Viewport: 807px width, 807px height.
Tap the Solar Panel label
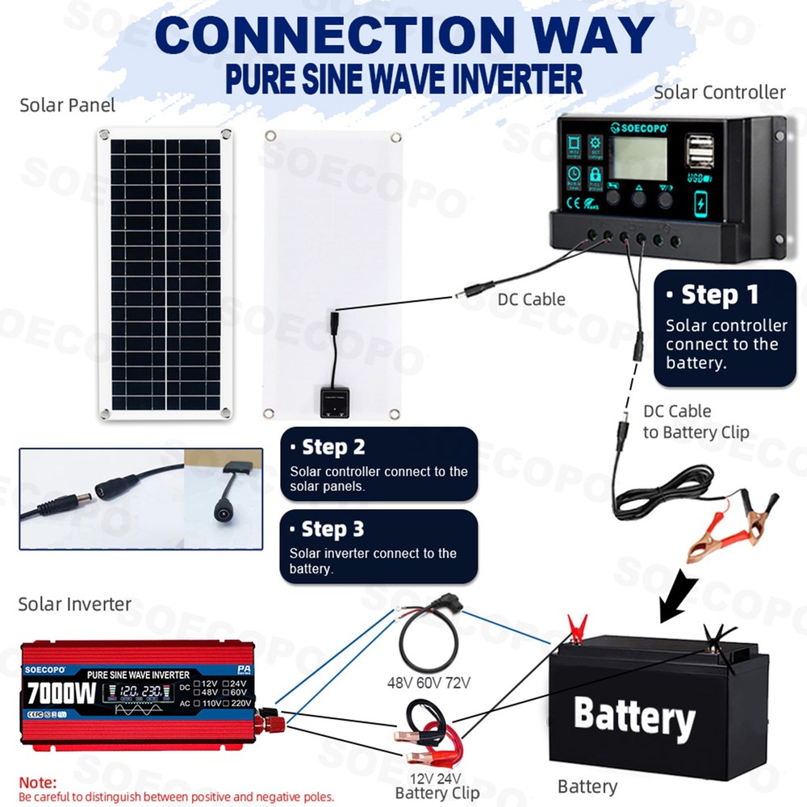(68, 105)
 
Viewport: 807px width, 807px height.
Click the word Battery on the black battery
(633, 717)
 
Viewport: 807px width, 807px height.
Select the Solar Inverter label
(74, 604)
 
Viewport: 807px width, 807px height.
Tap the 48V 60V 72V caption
(429, 683)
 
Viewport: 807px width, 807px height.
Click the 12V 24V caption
(437, 778)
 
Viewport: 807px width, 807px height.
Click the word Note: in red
(38, 783)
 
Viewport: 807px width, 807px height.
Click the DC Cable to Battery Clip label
(696, 422)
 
